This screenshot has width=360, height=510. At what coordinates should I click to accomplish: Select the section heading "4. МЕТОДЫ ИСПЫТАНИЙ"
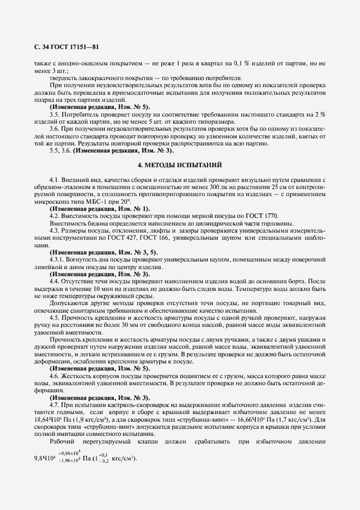tap(180, 164)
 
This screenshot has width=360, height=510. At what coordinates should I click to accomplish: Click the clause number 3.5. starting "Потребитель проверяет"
tap(55, 114)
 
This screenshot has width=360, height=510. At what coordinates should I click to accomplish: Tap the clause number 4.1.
tap(55, 179)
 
